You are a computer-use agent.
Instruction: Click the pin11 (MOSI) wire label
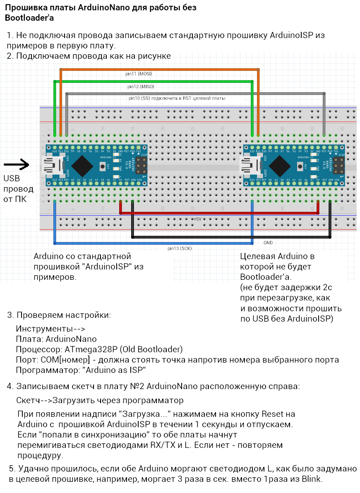[x=139, y=74]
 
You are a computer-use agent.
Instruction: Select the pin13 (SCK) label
[x=180, y=249]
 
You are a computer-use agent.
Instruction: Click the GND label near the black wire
[x=268, y=242]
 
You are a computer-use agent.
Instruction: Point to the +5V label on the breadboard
[x=197, y=219]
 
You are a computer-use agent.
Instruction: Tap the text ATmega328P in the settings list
[x=85, y=349]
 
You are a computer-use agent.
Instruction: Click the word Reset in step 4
[x=272, y=414]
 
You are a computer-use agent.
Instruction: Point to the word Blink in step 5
[x=312, y=479]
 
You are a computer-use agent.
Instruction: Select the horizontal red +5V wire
[x=219, y=213]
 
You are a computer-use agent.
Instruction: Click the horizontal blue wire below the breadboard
[x=153, y=243]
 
